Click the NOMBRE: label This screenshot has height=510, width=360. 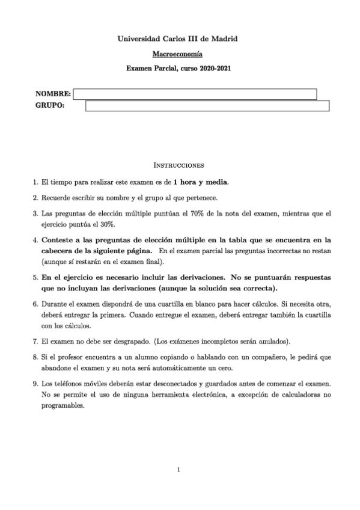[53, 94]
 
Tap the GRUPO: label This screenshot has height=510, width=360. [50, 106]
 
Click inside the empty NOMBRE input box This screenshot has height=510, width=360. [195, 94]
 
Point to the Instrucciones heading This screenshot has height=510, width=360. [179, 164]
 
